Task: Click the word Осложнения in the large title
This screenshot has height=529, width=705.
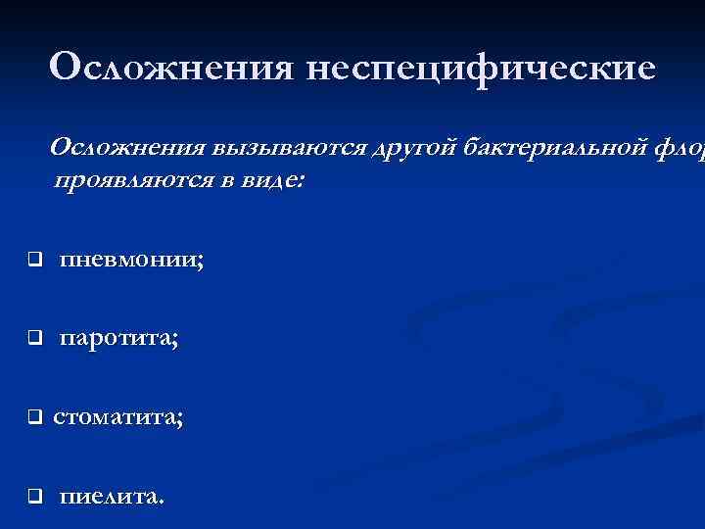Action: pyautogui.click(x=168, y=68)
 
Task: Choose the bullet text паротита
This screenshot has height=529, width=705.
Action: pyautogui.click(x=116, y=339)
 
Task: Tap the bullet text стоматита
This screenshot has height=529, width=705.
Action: pyautogui.click(x=115, y=417)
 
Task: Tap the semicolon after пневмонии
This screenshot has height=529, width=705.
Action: pyautogui.click(x=201, y=263)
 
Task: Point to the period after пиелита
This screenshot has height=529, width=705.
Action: pyautogui.click(x=162, y=501)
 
